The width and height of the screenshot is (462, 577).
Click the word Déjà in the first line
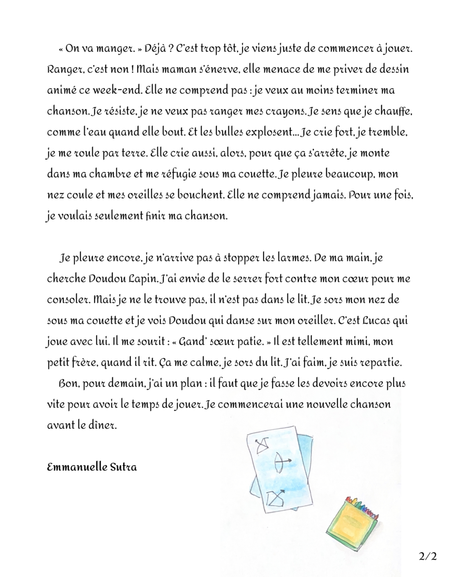155,49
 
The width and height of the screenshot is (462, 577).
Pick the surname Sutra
123,467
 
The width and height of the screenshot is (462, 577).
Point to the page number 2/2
428,556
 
